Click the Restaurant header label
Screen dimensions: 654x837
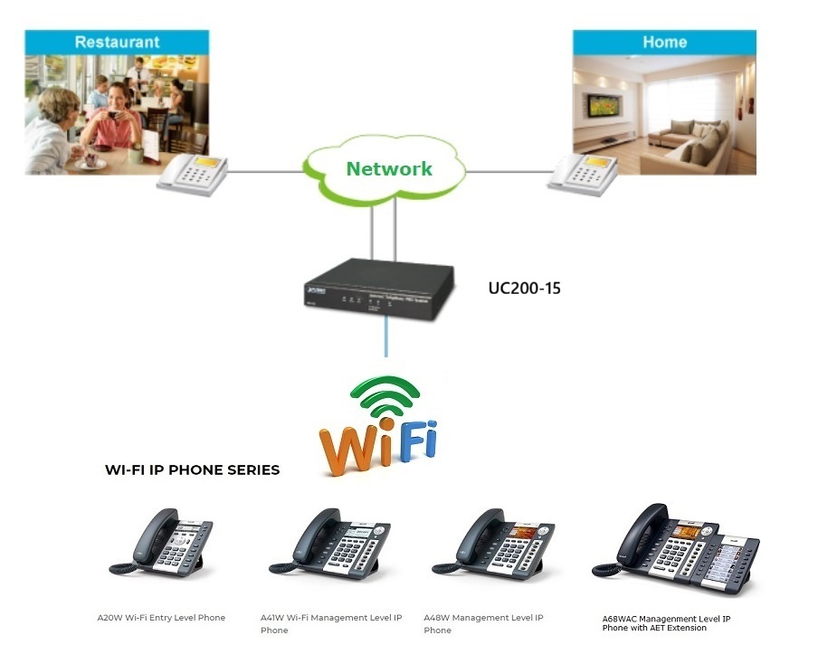(x=117, y=42)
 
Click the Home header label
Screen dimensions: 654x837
(x=664, y=42)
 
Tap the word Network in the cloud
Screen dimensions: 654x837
(x=389, y=168)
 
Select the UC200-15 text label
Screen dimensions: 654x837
(x=525, y=289)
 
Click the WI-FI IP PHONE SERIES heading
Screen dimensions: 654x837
(x=192, y=469)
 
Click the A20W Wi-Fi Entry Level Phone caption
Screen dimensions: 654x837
(x=161, y=618)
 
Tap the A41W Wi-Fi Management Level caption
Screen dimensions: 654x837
(x=331, y=623)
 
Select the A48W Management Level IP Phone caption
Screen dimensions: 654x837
(x=483, y=623)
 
